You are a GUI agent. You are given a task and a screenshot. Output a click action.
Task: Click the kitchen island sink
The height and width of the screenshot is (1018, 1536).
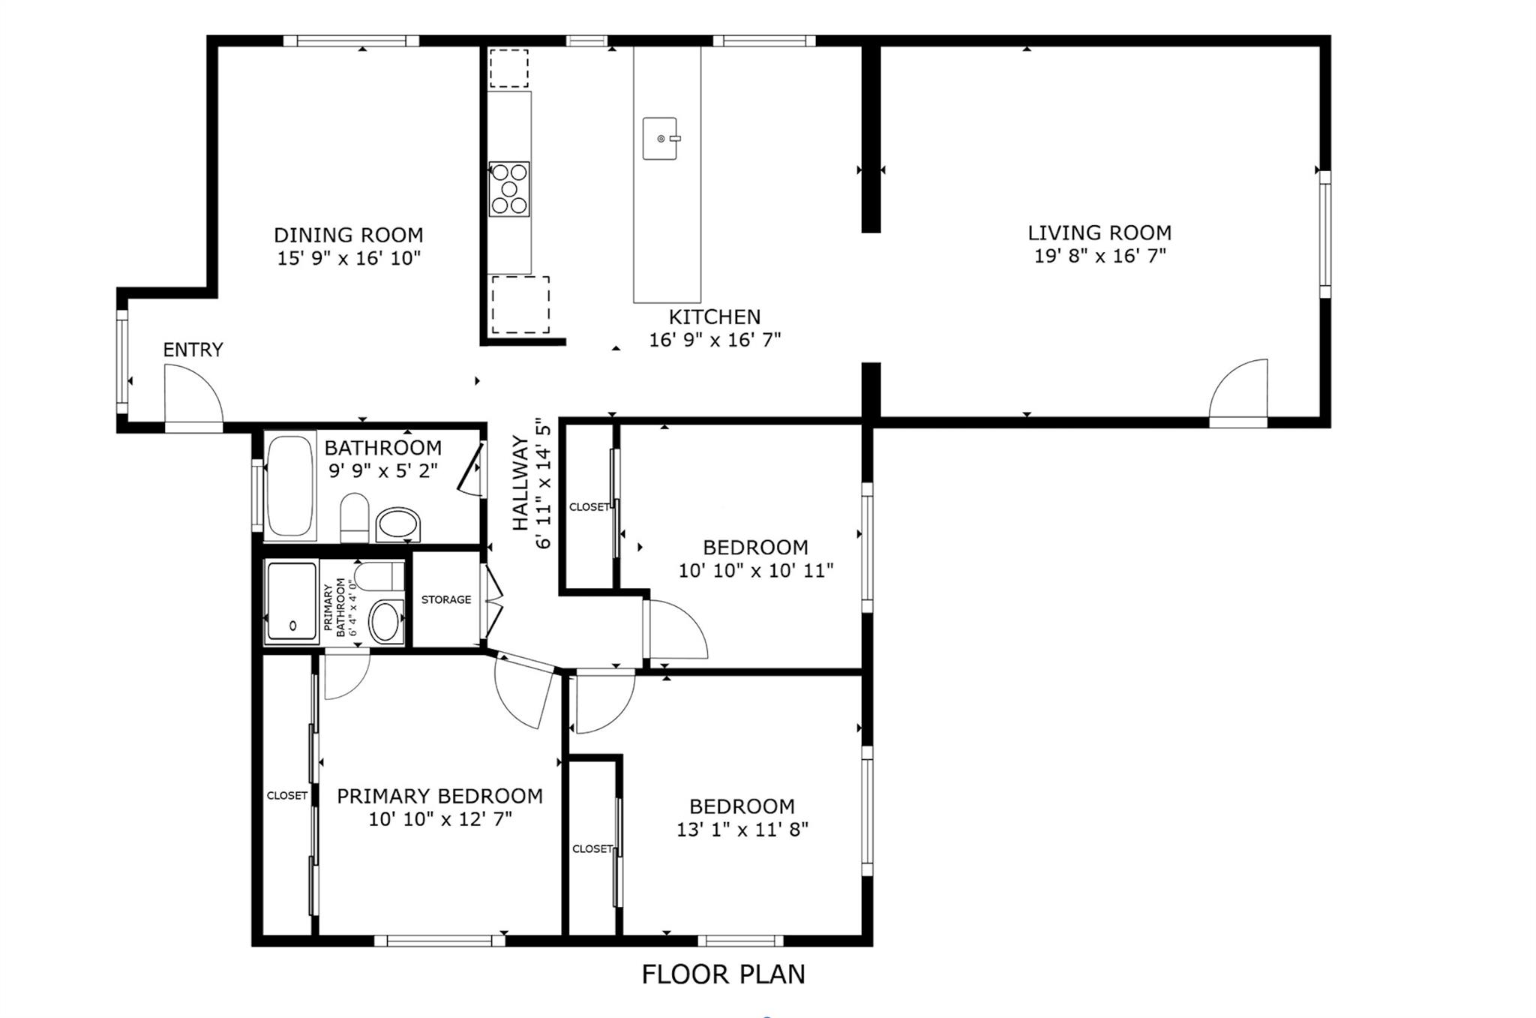click(660, 138)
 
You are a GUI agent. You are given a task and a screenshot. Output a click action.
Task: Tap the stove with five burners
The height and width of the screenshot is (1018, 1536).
click(509, 189)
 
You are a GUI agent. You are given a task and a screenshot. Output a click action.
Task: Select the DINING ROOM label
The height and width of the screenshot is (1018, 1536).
click(349, 235)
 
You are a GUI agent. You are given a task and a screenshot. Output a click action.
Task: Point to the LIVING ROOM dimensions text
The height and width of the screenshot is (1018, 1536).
click(1099, 256)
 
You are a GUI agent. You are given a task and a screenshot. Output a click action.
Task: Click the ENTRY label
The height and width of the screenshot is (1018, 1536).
click(193, 350)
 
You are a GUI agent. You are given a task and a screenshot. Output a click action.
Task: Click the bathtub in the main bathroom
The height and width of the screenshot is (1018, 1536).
click(289, 485)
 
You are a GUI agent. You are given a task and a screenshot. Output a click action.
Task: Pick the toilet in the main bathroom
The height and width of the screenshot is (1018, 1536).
click(355, 517)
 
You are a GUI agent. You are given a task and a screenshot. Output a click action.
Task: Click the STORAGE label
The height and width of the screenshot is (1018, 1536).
click(446, 599)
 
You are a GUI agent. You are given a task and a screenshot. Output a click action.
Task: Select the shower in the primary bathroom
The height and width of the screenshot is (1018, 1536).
click(292, 602)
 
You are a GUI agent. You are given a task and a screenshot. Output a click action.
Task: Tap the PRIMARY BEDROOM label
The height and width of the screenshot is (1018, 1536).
click(439, 796)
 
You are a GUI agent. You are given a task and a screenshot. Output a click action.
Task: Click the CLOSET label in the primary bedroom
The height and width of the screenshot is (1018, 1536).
click(287, 795)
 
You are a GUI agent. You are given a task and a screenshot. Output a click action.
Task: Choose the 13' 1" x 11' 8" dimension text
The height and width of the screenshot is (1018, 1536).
click(742, 830)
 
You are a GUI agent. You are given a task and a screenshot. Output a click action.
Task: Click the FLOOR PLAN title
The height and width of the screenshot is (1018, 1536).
click(723, 974)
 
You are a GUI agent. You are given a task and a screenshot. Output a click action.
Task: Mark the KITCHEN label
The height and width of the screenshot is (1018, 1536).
click(715, 317)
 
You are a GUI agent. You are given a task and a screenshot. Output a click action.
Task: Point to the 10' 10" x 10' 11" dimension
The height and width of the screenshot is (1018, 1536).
click(756, 571)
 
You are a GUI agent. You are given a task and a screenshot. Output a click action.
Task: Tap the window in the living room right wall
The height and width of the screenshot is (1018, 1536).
click(1325, 234)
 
